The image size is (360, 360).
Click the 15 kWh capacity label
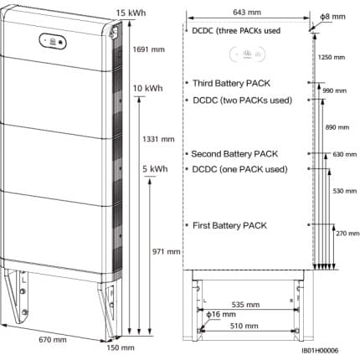[131, 13]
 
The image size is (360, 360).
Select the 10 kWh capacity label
[147, 89]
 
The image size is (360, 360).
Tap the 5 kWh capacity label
[155, 169]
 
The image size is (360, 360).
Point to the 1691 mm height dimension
[149, 49]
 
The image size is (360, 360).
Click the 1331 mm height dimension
[158, 139]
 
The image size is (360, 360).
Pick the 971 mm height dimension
[166, 252]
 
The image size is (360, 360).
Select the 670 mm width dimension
[53, 340]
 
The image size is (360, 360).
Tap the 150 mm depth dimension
[121, 347]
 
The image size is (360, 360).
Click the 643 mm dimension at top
[247, 13]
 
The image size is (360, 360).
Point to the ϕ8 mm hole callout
[332, 17]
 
